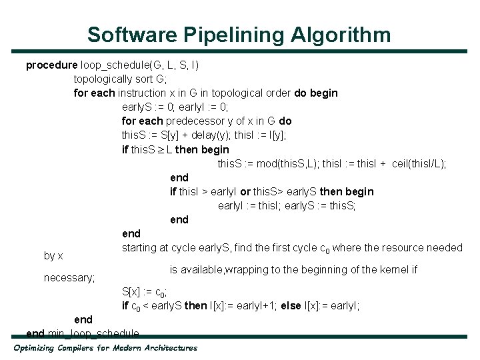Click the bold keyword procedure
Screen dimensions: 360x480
coord(51,65)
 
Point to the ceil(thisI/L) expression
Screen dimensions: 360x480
coord(419,163)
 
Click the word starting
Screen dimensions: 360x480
coord(139,248)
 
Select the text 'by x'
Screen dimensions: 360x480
coord(53,255)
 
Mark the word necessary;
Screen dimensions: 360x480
coord(69,277)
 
